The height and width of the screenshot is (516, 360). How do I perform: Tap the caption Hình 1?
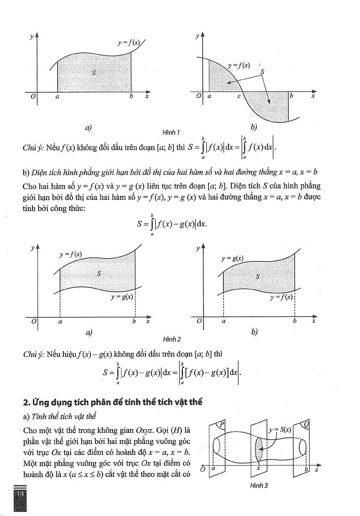[171, 132]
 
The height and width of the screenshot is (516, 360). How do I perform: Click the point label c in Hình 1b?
[239, 96]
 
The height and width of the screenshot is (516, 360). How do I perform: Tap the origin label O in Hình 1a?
[33, 97]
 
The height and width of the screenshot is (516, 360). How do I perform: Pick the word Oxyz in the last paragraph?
[144, 430]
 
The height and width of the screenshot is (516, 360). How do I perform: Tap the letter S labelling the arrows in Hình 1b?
[263, 72]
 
